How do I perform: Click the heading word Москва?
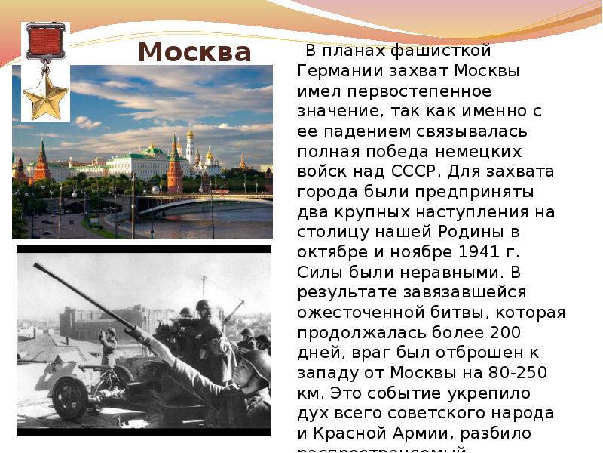194,52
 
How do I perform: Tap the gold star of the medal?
46,98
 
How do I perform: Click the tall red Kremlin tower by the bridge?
175,168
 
